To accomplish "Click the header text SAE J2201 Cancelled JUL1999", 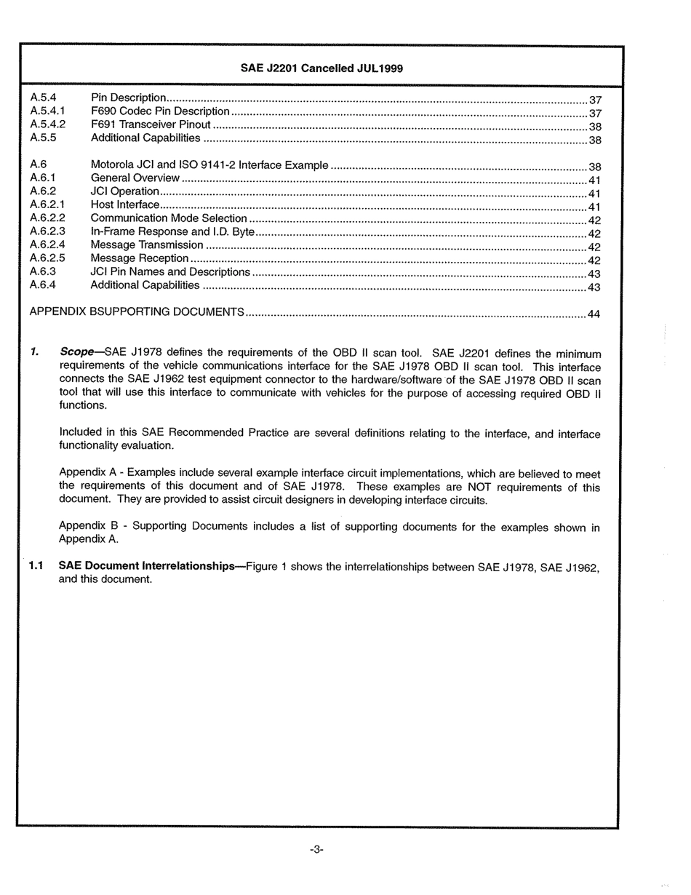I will [321, 68].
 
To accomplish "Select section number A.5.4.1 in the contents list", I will [48, 111].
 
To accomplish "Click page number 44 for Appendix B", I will [594, 314].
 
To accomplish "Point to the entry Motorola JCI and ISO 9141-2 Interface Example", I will [209, 165].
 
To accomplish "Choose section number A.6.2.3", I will [48, 231].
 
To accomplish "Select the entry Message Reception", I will [140, 258].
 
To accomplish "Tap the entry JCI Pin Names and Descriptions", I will [170, 271].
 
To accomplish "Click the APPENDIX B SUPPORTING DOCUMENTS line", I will [136, 311].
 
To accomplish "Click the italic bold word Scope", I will [76, 352].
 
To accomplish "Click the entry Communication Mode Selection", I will [169, 218].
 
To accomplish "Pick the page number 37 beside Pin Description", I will [594, 100].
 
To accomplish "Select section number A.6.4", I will [43, 285].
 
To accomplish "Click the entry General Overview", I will [135, 178].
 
